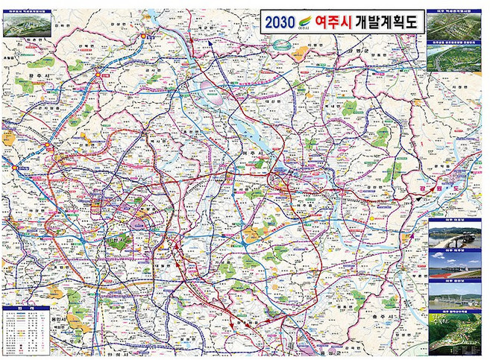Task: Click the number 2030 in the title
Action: [x=280, y=22]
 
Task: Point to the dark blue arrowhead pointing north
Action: [x=212, y=42]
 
